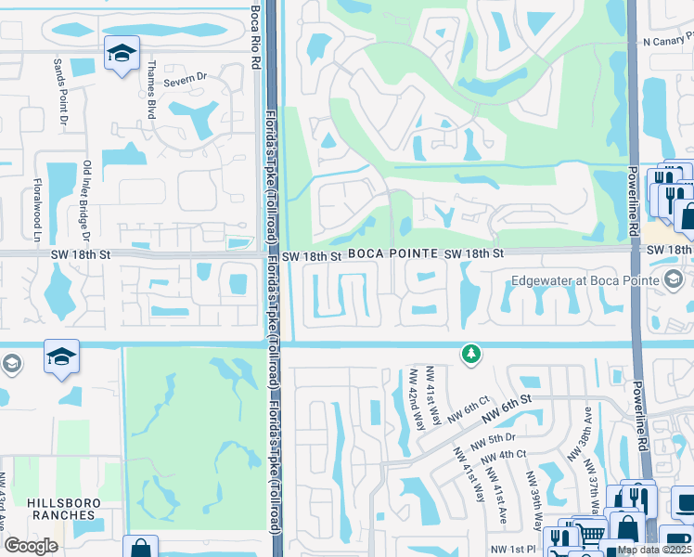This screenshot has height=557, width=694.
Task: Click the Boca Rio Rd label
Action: point(256,32)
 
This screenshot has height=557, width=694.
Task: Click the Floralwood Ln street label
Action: point(38,210)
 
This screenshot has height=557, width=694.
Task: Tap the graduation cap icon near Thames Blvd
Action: point(121,54)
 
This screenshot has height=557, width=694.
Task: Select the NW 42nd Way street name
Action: point(415,399)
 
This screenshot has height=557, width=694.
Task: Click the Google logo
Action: point(31,546)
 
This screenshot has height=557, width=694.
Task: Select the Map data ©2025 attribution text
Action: point(655,550)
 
